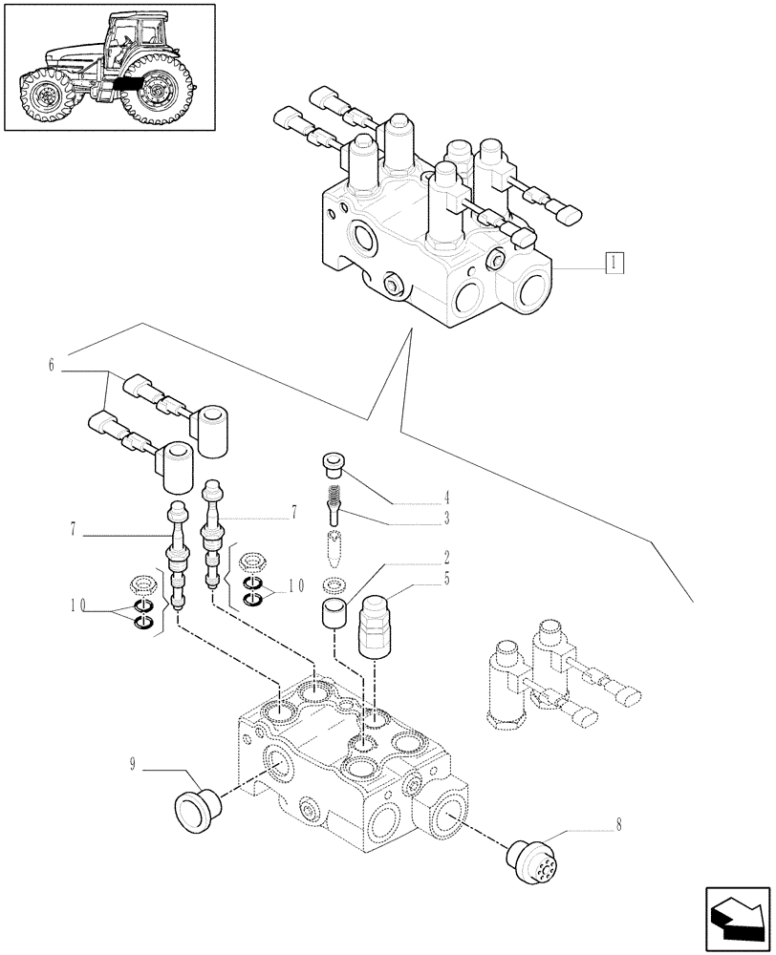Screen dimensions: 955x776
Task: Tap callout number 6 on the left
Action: [x=49, y=365]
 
